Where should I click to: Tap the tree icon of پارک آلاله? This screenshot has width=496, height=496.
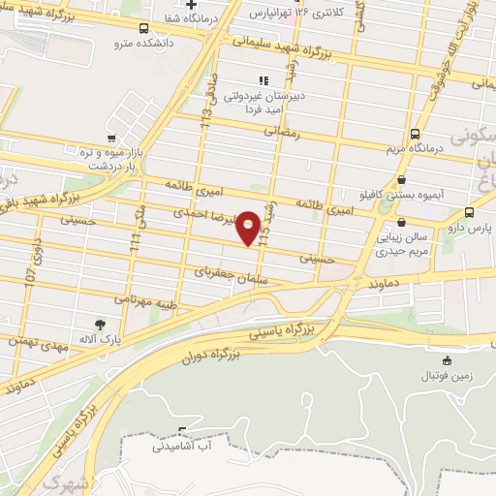[x=99, y=325]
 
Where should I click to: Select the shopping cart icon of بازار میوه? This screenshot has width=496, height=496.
[x=111, y=138]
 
